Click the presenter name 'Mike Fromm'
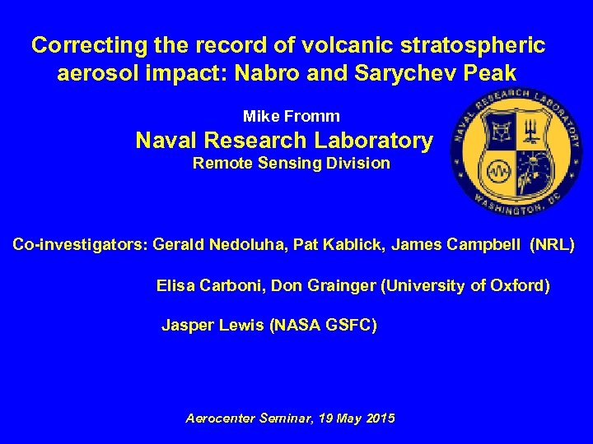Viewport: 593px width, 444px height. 291,117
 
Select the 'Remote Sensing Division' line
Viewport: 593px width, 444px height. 291,163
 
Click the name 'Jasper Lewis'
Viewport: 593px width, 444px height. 212,326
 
